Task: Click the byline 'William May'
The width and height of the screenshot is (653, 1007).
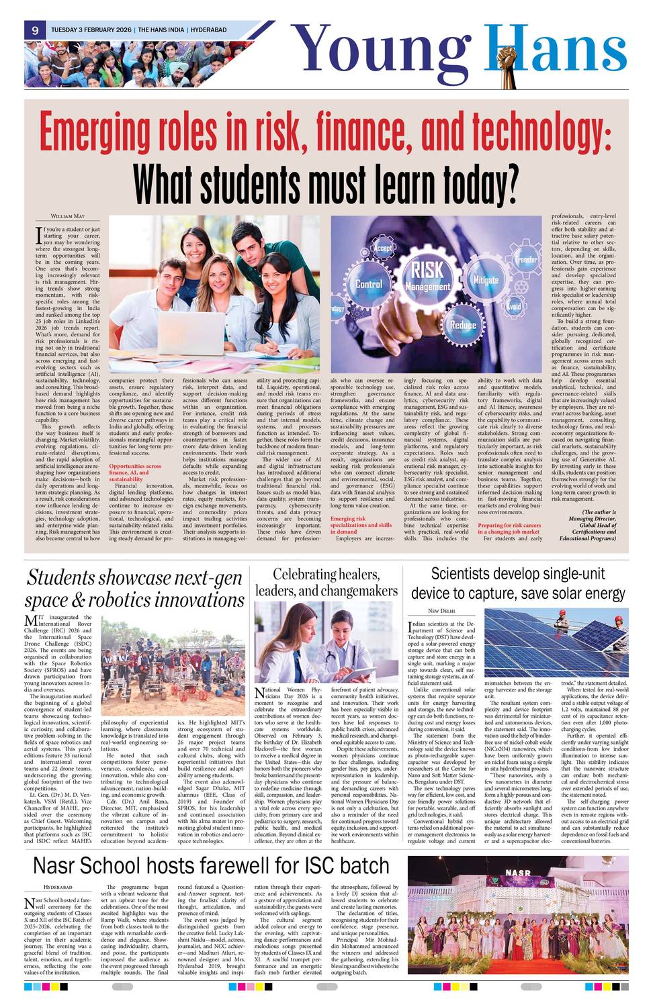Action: coord(68,216)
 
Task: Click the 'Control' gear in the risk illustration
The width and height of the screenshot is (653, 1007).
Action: coord(369,284)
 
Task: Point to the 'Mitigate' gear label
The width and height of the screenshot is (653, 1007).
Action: coord(486,280)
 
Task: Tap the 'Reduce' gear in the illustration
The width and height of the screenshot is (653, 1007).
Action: coord(463,325)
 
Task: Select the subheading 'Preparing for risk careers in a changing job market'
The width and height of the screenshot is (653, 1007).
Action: coord(509,528)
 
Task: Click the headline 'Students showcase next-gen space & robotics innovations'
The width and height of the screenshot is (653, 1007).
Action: coord(134,589)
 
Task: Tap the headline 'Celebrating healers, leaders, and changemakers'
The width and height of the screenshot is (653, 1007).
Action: coord(326,583)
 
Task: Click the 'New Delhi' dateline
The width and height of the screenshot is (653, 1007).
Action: coord(441,611)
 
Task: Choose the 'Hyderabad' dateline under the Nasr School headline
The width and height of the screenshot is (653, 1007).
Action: coord(58,887)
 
